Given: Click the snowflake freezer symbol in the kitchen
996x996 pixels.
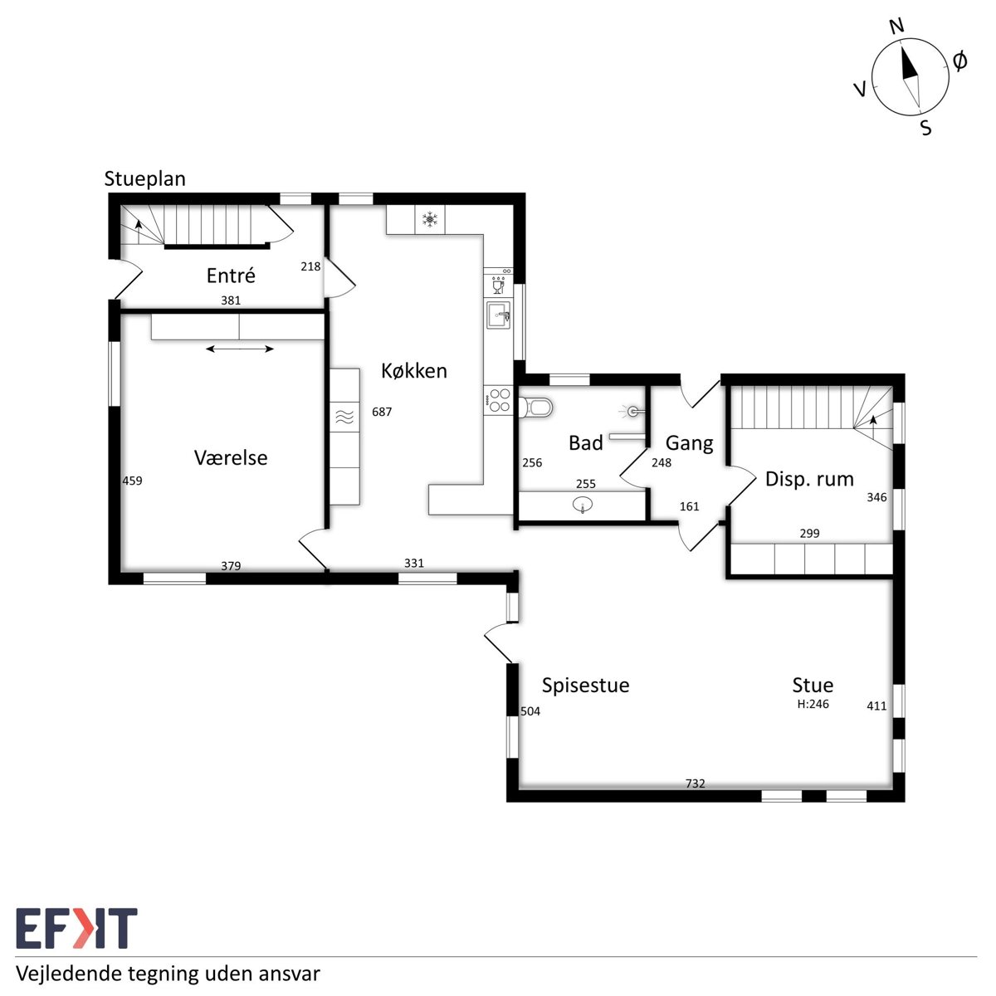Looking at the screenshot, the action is coord(430,220).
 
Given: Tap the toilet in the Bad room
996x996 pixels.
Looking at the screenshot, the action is coord(536,408).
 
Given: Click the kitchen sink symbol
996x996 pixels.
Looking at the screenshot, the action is coord(499,315).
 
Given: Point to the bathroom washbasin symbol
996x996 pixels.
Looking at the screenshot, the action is coord(583,504).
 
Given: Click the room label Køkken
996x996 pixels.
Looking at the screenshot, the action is coord(414,370).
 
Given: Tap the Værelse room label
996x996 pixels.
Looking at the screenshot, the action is coord(231,457).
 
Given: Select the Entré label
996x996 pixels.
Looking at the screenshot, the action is coord(231,275).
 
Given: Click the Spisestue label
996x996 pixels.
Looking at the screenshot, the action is coord(586,686).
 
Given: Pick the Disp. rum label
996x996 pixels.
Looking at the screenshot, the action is coord(809,479).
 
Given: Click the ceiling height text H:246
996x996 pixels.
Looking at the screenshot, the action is coord(813,704).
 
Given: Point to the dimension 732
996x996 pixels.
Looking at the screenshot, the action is coord(696,784).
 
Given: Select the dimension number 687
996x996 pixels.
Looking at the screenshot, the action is coord(382,412).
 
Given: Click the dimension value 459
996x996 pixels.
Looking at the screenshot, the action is coord(132,481).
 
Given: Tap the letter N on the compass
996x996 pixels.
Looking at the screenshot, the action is coord(896,26).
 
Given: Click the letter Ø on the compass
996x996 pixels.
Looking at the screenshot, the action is coord(959,61).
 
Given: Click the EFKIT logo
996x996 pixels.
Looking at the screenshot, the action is coord(76,928).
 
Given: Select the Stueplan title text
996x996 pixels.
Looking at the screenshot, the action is coord(144,178).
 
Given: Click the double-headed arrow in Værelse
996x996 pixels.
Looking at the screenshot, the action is coord(240,349).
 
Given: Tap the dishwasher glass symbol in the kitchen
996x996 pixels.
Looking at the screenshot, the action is coord(498,285).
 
